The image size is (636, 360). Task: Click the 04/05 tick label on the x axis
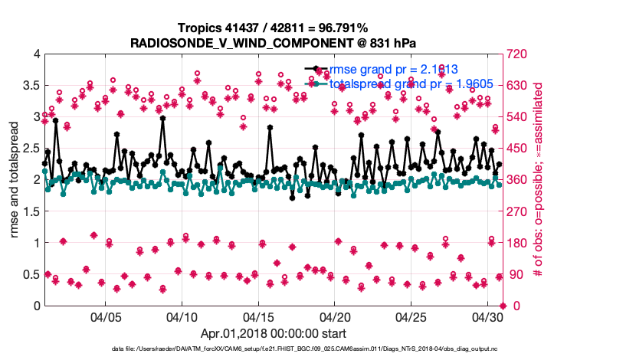106,316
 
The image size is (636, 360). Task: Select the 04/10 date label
182,316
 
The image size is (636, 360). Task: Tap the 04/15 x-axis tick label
259,316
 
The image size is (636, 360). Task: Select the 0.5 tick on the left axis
31,274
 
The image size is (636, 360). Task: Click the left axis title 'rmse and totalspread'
15,180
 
